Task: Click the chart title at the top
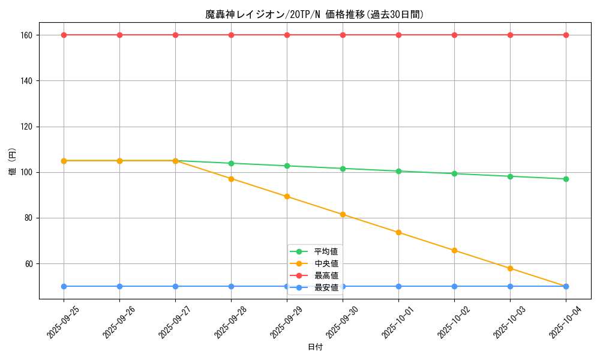(314, 14)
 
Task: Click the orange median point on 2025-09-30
(343, 214)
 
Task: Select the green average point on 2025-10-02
(454, 173)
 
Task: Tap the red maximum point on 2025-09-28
(231, 35)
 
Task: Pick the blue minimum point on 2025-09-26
(119, 286)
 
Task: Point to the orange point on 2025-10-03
(510, 268)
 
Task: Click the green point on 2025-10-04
(566, 179)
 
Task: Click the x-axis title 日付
(314, 347)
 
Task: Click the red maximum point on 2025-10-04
(566, 35)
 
